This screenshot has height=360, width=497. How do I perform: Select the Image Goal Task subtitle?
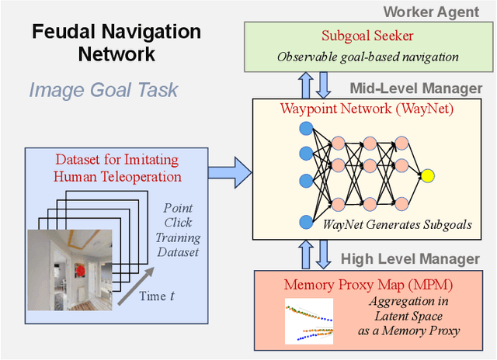(103, 89)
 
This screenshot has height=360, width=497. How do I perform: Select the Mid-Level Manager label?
(415, 88)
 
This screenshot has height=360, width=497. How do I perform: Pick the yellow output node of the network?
(427, 176)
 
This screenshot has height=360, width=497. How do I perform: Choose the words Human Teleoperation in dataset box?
(116, 176)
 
